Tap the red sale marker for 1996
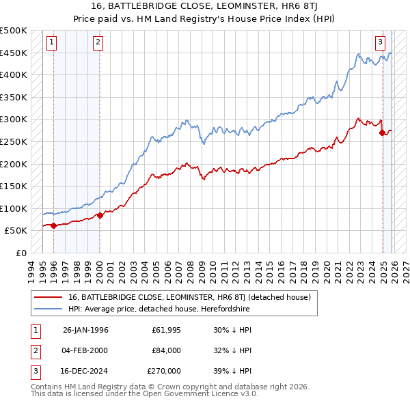point(53,225)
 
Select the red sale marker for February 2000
point(100,215)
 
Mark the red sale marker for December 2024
point(382,133)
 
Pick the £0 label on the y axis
point(20,253)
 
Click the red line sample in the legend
point(48,297)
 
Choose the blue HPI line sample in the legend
point(48,309)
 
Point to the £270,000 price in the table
point(164,371)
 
